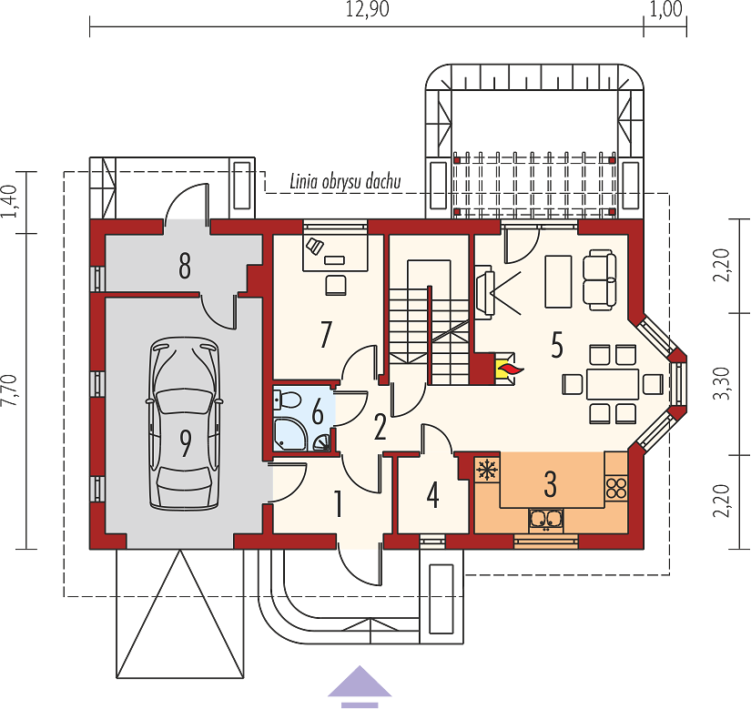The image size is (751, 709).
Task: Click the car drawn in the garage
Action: pos(185,424)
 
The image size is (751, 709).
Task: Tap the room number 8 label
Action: pos(185,266)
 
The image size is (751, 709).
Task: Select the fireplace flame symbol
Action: pos(508,370)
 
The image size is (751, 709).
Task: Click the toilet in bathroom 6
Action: pos(286,399)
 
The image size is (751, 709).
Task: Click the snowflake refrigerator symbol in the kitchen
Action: pos(487,470)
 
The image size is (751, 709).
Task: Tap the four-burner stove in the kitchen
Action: pos(616,488)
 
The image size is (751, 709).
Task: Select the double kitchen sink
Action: pos(546,521)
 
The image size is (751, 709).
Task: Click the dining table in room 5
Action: pos(613,384)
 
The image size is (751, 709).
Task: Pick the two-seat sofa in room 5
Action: pos(599,280)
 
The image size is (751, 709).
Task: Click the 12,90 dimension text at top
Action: pos(368,9)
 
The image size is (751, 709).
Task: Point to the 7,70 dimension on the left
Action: pos(10,391)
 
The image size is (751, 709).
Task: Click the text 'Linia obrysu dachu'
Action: pos(345,182)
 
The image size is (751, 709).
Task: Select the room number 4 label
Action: pos(433,495)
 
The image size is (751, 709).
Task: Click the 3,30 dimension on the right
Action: pos(721,383)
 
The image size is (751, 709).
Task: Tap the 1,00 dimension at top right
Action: pos(665,9)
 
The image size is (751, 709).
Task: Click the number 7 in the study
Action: pos(326,334)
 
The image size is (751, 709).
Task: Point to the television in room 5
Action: pos(484,291)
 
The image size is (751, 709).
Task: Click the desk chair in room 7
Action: pos(336,285)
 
